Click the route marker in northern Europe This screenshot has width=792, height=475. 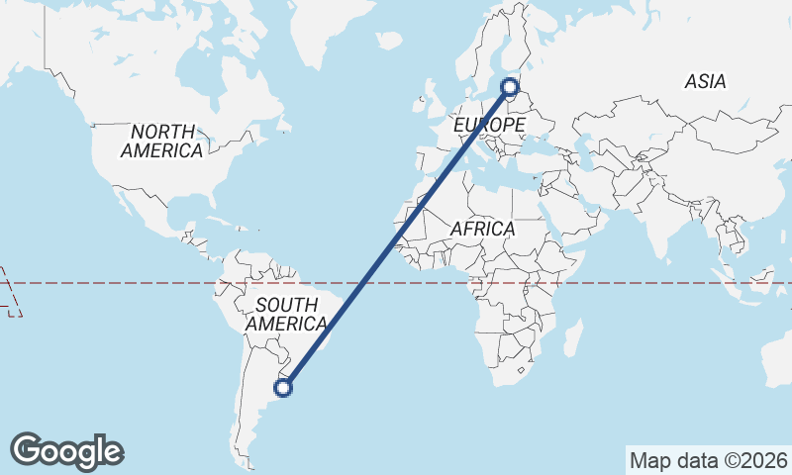[x=510, y=87]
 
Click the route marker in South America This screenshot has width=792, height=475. [x=283, y=388]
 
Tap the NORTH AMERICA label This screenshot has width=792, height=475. [x=162, y=142]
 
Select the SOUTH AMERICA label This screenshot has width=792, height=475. [x=286, y=314]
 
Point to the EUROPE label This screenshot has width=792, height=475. [x=489, y=126]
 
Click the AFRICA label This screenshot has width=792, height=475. [x=482, y=229]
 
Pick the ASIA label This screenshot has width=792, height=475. [x=705, y=82]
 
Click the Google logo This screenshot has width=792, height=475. [x=66, y=451]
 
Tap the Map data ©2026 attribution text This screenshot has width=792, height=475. [x=708, y=460]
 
